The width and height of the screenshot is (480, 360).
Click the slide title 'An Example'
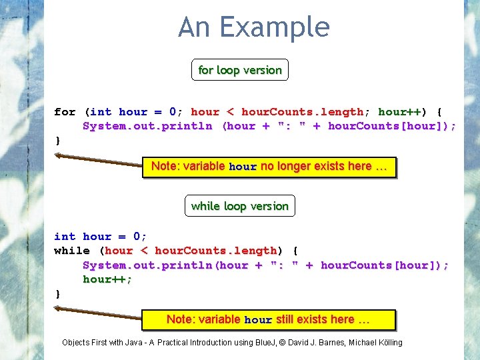coord(253,28)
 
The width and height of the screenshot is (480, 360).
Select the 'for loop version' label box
coord(240,70)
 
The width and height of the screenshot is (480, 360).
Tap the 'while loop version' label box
coord(240,206)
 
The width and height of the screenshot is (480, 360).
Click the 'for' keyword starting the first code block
coord(65,112)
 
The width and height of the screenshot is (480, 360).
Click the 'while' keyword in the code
coord(71,251)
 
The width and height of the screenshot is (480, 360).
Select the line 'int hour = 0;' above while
coord(100,237)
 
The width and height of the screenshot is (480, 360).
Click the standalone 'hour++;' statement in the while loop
coord(107,279)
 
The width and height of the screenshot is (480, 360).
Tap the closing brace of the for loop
coord(58,140)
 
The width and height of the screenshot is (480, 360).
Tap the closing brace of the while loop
coord(58,293)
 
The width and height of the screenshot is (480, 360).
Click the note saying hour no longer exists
coord(269,167)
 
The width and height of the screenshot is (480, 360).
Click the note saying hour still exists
coord(269,320)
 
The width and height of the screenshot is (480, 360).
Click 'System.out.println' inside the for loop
coord(147,126)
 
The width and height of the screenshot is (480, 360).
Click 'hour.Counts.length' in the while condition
coord(215,251)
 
